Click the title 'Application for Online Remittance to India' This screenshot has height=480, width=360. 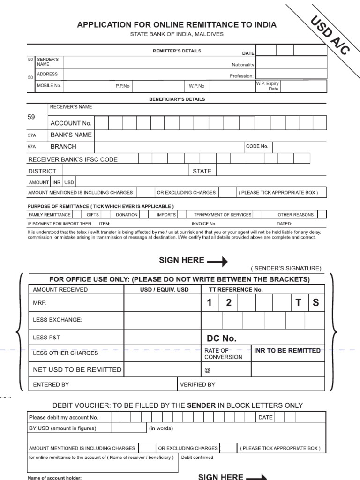[177, 25]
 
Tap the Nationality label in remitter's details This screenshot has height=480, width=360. [242, 64]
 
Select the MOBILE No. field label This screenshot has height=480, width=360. [49, 86]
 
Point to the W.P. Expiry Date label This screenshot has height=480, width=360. [268, 86]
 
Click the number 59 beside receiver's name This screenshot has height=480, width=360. [31, 117]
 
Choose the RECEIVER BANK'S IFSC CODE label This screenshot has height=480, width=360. [73, 159]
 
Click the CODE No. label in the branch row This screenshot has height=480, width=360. [257, 146]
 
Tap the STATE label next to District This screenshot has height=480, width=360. [202, 171]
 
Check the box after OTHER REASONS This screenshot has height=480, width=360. [322, 215]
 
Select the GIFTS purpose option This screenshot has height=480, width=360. [93, 215]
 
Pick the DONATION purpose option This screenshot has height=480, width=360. [127, 215]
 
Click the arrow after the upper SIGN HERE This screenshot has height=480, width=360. [217, 261]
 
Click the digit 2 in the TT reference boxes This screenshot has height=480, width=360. [229, 303]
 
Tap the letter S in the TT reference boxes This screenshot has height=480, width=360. [315, 303]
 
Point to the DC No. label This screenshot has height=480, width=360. [222, 338]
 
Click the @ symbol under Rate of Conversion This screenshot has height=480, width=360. [207, 370]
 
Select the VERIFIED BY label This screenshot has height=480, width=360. [197, 384]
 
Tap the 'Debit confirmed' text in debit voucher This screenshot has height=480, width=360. [197, 457]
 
